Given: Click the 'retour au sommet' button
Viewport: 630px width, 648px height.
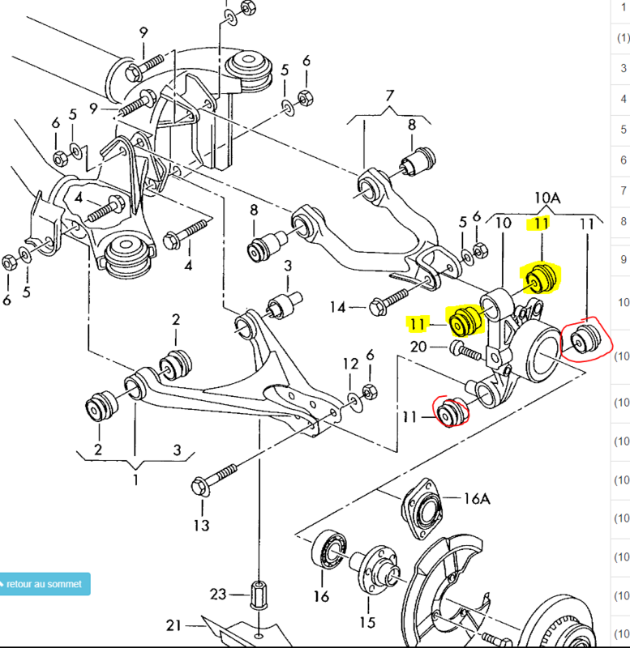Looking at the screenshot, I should point(45,583).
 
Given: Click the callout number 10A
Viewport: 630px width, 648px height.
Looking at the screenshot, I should point(547,197).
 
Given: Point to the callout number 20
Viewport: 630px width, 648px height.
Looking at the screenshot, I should point(418,347).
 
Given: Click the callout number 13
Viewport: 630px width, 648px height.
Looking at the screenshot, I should point(201,526).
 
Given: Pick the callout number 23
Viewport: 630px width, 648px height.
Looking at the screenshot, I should point(217,595).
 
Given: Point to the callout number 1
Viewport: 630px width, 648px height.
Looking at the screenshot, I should point(135,480).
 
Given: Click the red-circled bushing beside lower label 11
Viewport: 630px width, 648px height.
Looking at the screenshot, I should point(451,411).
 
